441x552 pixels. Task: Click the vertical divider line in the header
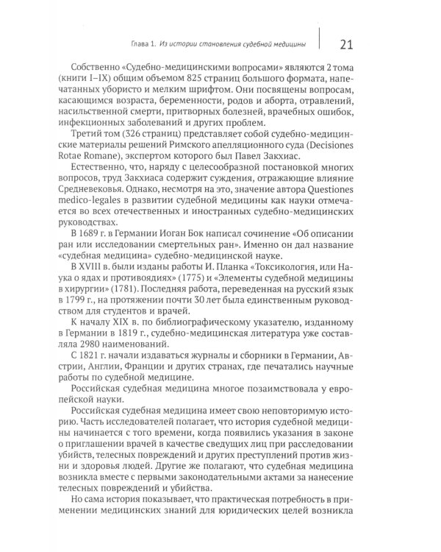coord(320,43)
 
